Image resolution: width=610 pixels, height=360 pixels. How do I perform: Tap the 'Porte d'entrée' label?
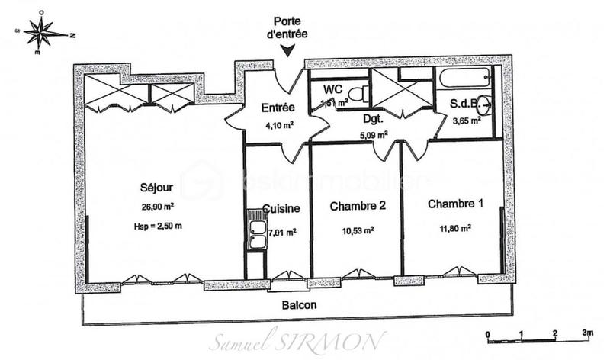pyautogui.click(x=287, y=28)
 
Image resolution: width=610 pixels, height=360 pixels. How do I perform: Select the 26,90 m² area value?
pyautogui.click(x=157, y=206)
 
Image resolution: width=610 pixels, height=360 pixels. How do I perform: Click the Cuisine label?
pyautogui.click(x=281, y=208)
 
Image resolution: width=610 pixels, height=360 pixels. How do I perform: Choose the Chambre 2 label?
pyautogui.click(x=358, y=207)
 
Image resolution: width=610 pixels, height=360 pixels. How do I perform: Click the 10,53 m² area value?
pyautogui.click(x=358, y=228)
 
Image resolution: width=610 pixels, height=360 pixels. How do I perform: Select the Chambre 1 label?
pyautogui.click(x=455, y=204)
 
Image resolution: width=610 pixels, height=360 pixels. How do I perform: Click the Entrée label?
pyautogui.click(x=278, y=108)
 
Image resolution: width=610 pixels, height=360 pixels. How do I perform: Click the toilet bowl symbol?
pyautogui.click(x=363, y=94)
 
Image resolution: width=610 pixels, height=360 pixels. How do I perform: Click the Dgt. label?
pyautogui.click(x=371, y=120)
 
